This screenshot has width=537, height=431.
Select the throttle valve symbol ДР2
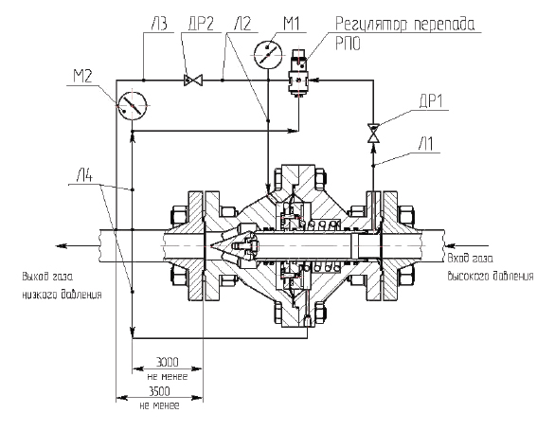[193, 81]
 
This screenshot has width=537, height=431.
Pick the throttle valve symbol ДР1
[373, 133]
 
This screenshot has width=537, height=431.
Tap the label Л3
[158, 24]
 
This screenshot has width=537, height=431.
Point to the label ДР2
[201, 24]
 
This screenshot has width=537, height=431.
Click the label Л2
[242, 24]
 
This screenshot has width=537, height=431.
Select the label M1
[291, 24]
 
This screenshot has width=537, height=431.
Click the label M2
[83, 76]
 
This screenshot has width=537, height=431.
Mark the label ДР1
[432, 101]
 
